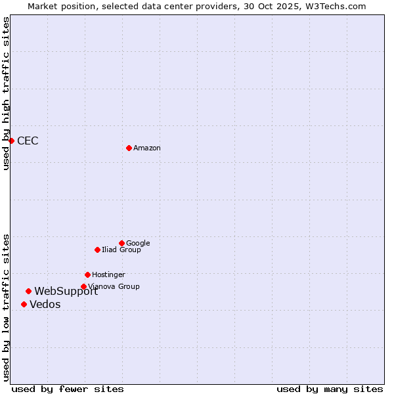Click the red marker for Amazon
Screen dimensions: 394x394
129,148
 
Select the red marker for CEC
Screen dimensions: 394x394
11,141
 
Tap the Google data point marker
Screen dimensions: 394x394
121,243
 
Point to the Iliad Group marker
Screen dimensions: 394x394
97,250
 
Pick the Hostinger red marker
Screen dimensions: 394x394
87,274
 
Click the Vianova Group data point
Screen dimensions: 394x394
83,286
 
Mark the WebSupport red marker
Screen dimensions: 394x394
28,291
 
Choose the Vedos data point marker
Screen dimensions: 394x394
24,304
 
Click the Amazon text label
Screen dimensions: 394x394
147,148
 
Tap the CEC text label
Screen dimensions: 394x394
28,141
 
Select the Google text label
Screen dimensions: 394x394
138,244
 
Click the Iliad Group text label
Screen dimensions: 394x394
121,250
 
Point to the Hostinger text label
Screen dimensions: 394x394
108,275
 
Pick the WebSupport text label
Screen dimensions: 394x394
66,292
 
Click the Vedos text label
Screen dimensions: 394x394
45,305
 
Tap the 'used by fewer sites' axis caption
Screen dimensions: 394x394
68,389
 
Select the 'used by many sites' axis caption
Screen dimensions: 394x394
330,389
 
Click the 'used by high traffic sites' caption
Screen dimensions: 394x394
6,93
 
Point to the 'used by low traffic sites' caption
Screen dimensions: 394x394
6,307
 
